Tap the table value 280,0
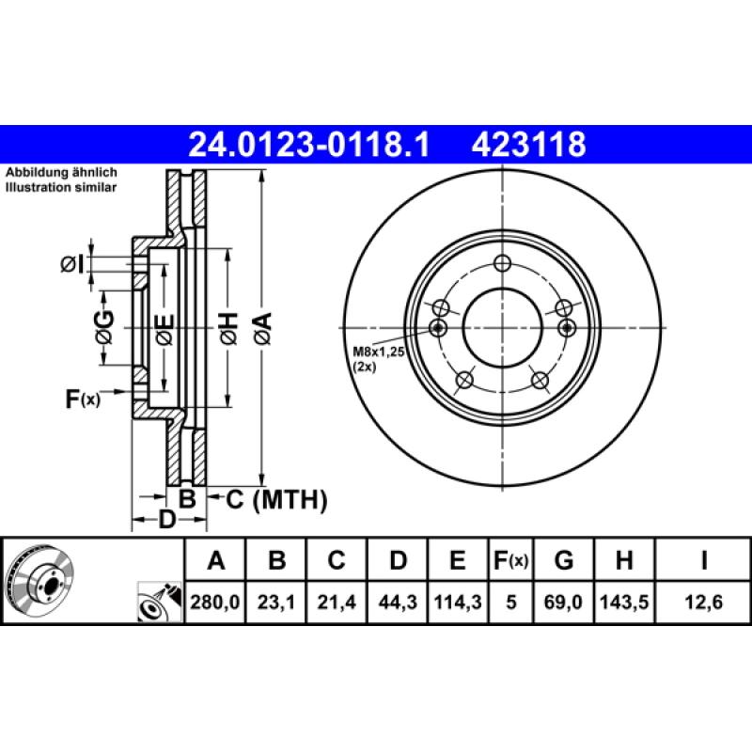click(x=216, y=602)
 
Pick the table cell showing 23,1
click(x=276, y=602)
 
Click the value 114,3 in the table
click(x=457, y=602)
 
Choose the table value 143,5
click(x=623, y=602)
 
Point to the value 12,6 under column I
click(x=703, y=602)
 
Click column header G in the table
click(x=564, y=561)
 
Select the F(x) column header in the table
click(x=511, y=561)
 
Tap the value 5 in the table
click(x=511, y=602)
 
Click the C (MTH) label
click(x=276, y=499)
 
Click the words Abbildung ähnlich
click(x=61, y=174)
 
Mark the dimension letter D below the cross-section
click(x=166, y=520)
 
